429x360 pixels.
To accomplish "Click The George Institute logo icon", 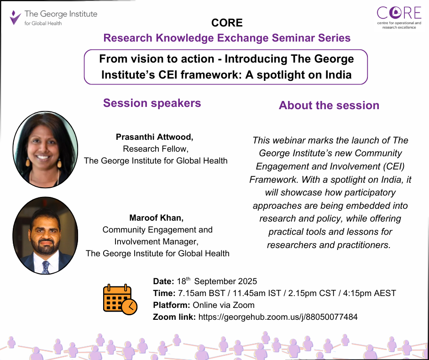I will (x=16, y=17).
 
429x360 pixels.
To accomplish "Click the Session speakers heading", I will (x=152, y=103).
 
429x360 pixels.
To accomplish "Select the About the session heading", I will (x=329, y=106).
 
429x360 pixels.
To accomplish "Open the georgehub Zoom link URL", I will (x=278, y=317).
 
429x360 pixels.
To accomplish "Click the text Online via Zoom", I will (x=223, y=305).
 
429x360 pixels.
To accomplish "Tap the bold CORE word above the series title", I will (x=227, y=22).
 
